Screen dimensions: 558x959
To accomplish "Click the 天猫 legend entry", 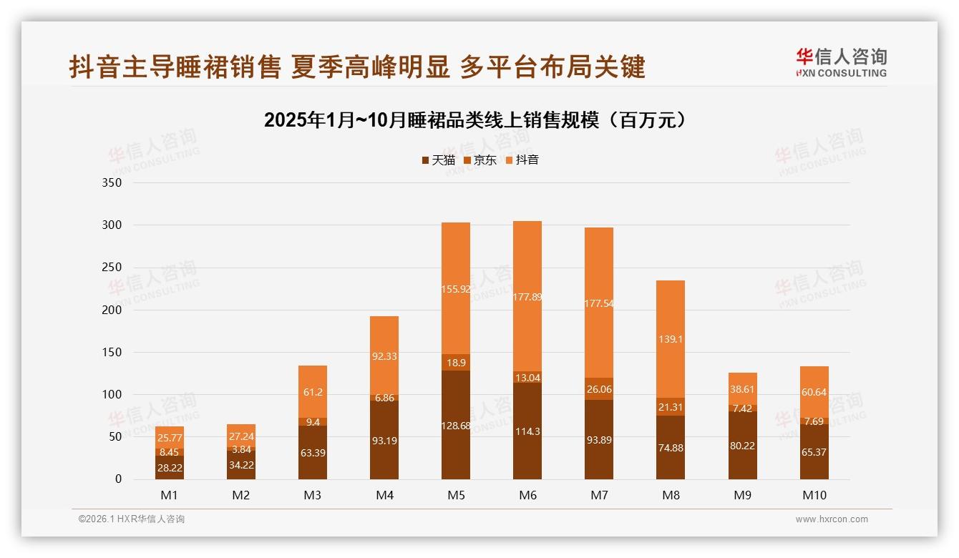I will click(x=438, y=160).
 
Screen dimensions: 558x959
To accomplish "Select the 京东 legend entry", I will click(x=480, y=160).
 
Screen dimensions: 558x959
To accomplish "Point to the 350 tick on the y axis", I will click(x=113, y=183).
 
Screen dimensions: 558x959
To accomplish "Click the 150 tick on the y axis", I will click(x=113, y=353).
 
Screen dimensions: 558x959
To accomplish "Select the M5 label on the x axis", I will click(x=456, y=495).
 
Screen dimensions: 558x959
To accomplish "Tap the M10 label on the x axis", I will click(x=814, y=495).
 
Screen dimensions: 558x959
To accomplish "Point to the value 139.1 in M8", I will click(x=671, y=339).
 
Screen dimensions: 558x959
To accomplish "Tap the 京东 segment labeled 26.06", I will click(x=599, y=389).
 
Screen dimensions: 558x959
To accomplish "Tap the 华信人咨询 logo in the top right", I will click(x=841, y=62).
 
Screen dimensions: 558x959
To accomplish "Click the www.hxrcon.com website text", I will click(x=832, y=519).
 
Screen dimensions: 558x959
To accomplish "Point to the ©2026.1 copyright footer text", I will click(x=132, y=519).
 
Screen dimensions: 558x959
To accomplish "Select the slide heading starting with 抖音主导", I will click(x=357, y=67).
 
